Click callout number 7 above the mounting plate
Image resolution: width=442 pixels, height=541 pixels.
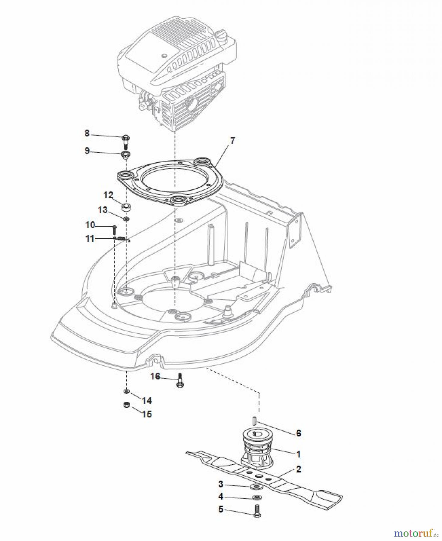point(233,141)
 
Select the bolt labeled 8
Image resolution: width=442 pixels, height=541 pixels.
point(126,141)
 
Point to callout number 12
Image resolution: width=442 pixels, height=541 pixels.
point(108,195)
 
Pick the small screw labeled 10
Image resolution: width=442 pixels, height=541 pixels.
point(115,230)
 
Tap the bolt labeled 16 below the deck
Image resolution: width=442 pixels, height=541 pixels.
point(180,380)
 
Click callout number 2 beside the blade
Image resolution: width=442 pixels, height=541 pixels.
point(298,469)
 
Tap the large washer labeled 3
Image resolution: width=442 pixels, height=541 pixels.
point(256,487)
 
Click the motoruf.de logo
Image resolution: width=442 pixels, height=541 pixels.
point(416,533)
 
